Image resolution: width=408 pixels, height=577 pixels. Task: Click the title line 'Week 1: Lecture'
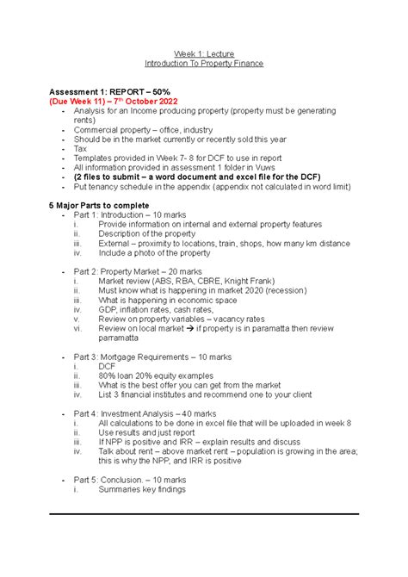tap(203, 51)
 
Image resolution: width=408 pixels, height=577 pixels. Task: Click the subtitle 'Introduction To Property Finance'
tap(203, 63)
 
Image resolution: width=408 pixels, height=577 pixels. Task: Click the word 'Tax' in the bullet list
tap(80, 148)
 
